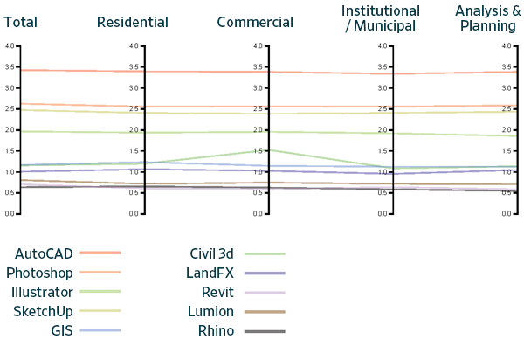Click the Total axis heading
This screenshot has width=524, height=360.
pos(20,21)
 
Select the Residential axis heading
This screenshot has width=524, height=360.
pos(133,21)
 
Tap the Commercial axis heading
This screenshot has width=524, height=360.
pos(255,21)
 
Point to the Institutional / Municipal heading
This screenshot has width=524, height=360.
pos(382,17)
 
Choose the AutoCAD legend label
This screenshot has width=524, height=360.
pos(43,253)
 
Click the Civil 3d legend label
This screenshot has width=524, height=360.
pos(212,253)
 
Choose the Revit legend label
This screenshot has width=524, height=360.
pos(217,291)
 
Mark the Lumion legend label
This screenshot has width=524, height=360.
pos(211,310)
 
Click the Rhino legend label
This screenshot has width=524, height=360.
pos(216,329)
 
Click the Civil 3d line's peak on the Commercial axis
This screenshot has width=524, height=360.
pos(269,149)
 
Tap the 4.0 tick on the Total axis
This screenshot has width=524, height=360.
pos(10,46)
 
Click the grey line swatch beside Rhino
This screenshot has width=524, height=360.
pos(265,330)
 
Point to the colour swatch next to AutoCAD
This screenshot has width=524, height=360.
pos(100,253)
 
